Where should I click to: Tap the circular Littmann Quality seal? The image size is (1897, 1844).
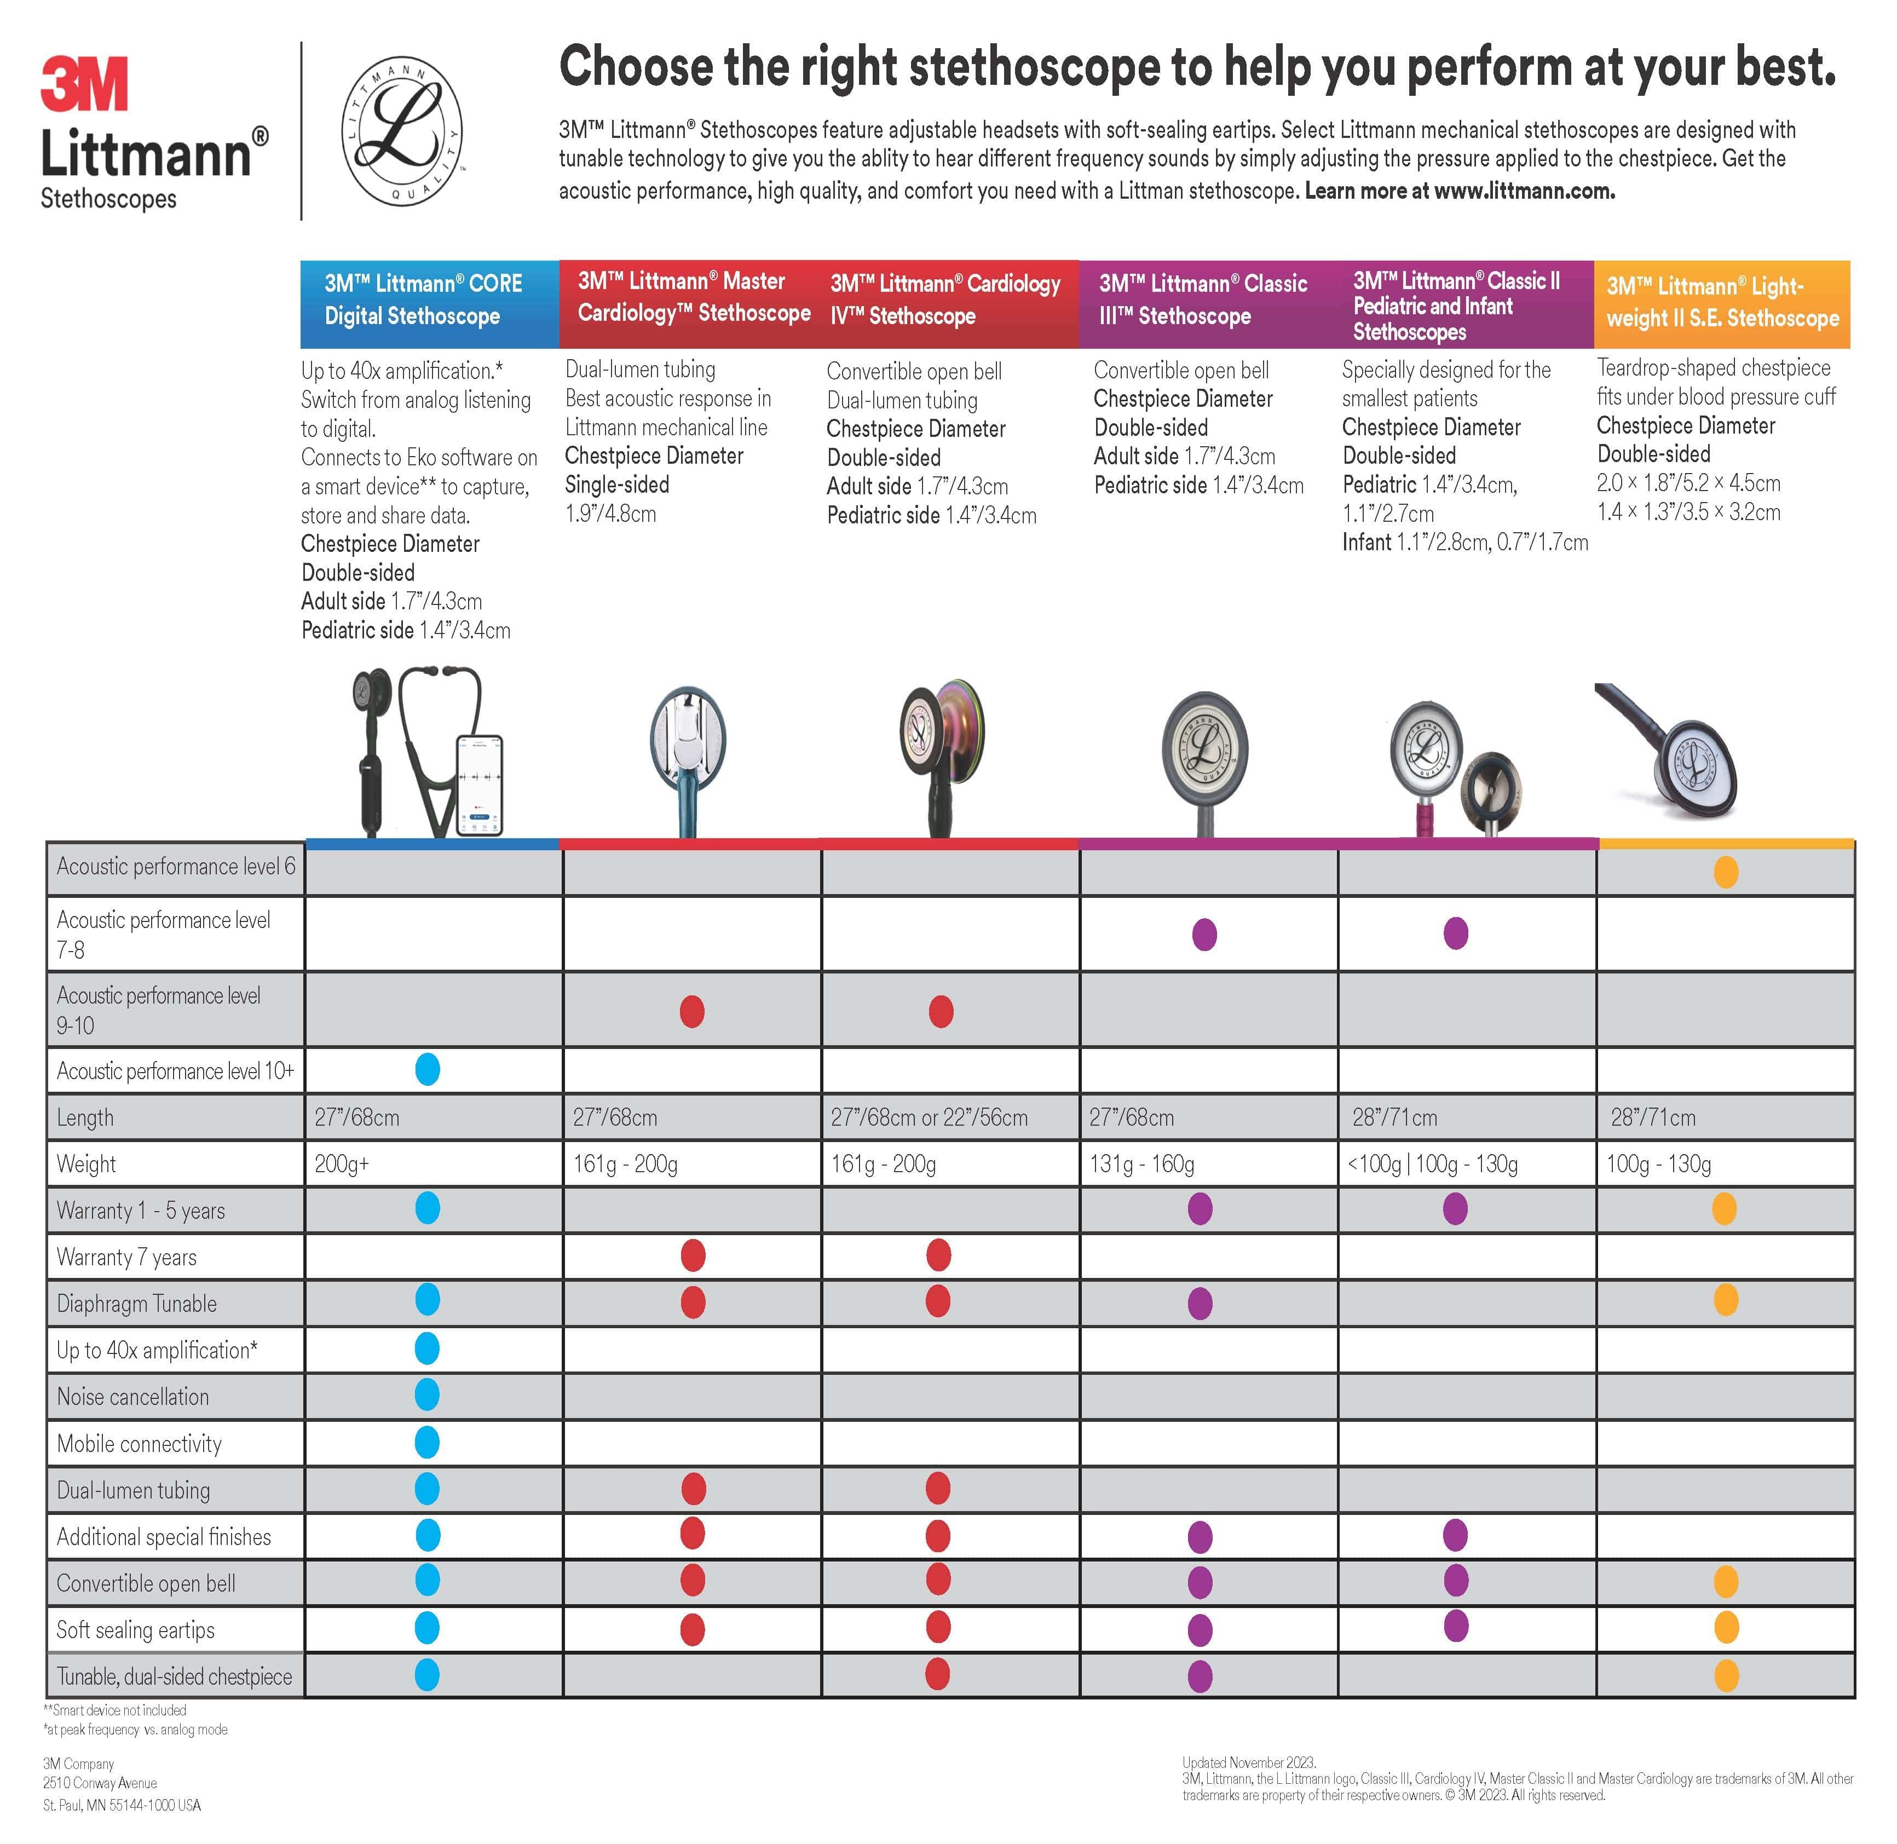pos(401,131)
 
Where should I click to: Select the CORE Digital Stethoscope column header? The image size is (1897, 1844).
pos(429,300)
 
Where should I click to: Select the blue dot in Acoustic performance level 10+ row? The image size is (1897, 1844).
pos(427,1069)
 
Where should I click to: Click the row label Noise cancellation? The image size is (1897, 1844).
pos(132,1397)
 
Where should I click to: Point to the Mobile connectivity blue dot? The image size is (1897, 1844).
pos(427,1442)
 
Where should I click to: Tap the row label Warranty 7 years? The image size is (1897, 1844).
pos(127,1257)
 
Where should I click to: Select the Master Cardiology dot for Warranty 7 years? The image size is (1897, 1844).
pos(693,1256)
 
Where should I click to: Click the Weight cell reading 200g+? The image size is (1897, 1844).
pos(342,1164)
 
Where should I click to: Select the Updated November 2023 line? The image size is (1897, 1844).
pos(1248,1762)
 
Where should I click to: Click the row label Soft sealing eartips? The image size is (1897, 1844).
pos(136,1630)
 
